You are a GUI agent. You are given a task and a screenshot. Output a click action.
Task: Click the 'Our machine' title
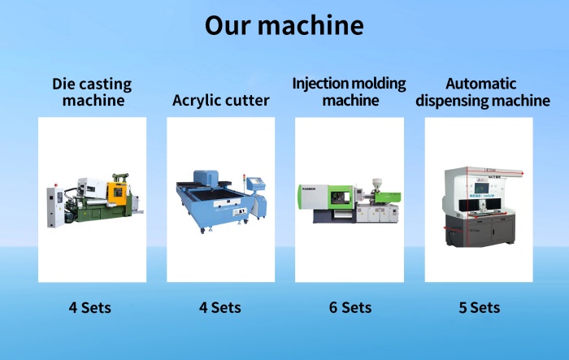[284, 25]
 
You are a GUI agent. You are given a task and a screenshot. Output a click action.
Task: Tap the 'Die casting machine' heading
[92, 92]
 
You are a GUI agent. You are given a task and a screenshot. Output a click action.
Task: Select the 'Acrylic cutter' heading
[220, 101]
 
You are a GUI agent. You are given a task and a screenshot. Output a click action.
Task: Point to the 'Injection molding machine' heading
[349, 92]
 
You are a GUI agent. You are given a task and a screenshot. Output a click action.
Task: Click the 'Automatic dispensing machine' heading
[482, 92]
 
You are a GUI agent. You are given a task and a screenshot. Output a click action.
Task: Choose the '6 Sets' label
[350, 307]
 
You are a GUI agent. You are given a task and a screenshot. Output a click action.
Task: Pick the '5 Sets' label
[479, 307]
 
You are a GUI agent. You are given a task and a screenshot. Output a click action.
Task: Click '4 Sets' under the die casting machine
[90, 307]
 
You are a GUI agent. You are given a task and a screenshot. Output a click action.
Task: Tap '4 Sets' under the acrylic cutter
[220, 307]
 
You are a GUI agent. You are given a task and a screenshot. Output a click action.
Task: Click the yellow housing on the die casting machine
[117, 193]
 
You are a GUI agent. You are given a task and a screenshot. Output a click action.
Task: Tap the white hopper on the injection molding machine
[377, 184]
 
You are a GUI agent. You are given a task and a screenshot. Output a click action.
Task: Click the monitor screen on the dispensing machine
[481, 189]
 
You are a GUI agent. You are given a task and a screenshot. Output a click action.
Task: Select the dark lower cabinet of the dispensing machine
[480, 231]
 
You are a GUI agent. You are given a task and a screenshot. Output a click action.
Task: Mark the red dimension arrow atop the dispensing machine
[496, 171]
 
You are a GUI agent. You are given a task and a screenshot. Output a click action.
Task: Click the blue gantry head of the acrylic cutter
[206, 178]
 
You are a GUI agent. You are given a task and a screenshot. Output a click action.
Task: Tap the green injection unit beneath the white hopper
[388, 197]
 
